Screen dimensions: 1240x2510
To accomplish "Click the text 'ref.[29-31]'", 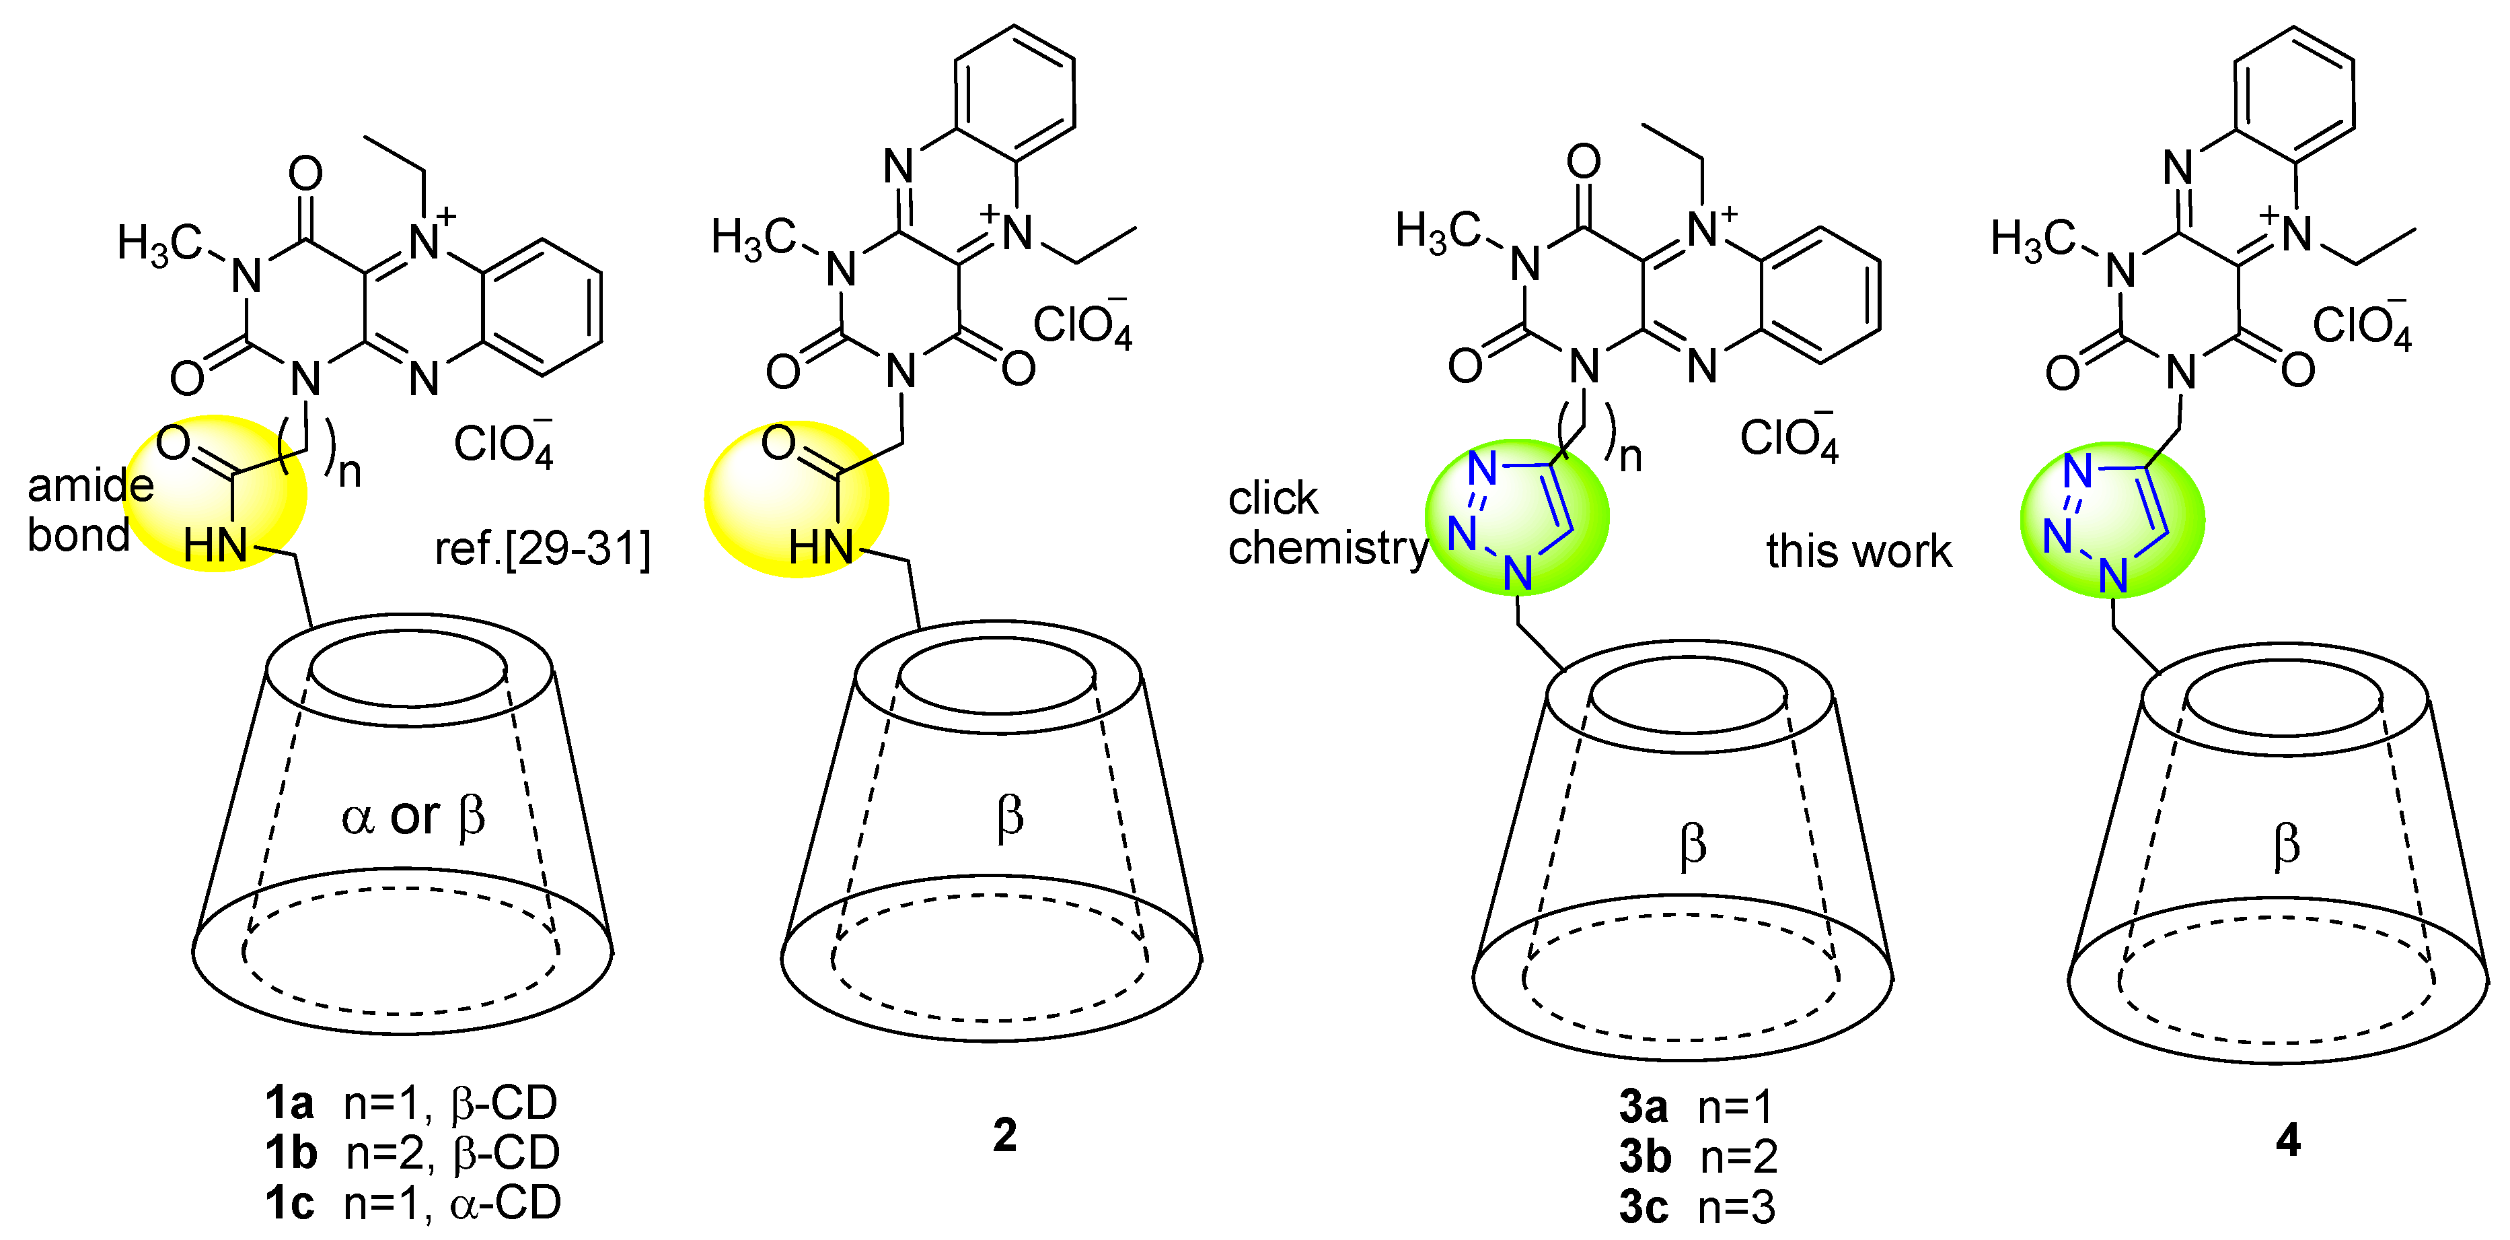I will (542, 548).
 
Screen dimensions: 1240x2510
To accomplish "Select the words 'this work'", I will (1858, 551).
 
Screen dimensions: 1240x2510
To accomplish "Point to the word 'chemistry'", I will (1327, 548).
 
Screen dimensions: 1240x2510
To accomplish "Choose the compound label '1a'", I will (289, 1103).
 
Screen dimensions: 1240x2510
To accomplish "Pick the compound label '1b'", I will (291, 1152).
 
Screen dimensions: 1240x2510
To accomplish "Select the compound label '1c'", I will (289, 1203).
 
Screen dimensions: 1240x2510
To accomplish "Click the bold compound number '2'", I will (1004, 1136).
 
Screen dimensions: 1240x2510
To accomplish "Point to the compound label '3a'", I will (1644, 1107).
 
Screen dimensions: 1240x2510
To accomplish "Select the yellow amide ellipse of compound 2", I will (796, 499).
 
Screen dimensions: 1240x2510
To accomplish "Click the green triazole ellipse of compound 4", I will (2112, 518).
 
